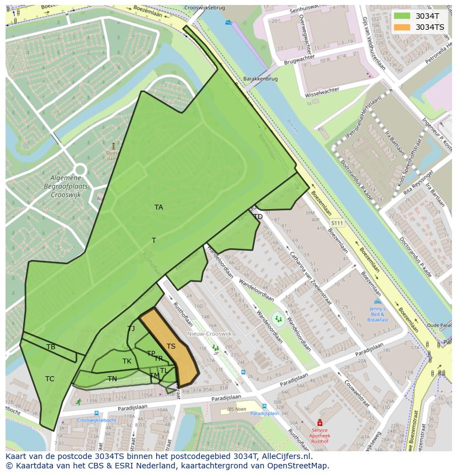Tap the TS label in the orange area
(171, 346)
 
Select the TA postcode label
(159, 207)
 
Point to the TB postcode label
(51, 347)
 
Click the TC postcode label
(50, 379)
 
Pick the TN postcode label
(112, 379)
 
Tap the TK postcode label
(127, 361)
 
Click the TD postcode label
(258, 217)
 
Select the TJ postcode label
(131, 329)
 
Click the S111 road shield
(337, 223)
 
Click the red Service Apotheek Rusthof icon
(319, 423)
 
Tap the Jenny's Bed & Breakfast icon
(378, 302)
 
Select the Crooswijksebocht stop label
(97, 420)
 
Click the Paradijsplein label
(263, 412)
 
